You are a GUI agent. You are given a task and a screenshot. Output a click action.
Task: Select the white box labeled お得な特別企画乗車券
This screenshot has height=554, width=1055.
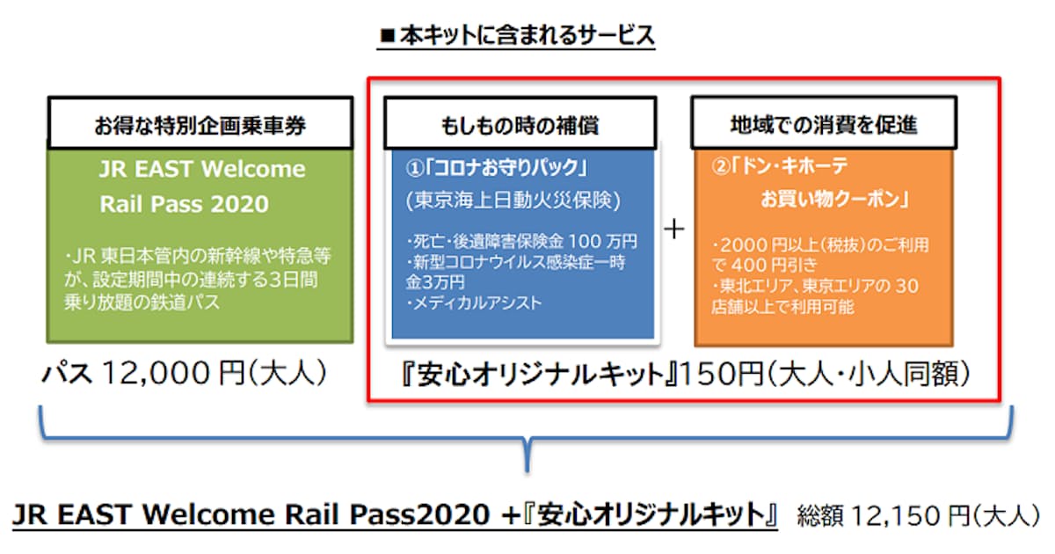tap(200, 125)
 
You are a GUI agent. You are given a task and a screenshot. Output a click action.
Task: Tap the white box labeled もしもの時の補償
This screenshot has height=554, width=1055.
tap(519, 125)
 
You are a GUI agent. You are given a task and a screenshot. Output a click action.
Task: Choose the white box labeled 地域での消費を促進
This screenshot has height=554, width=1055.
tap(823, 125)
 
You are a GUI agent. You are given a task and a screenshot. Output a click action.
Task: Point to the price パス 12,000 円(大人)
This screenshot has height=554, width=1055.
tap(186, 375)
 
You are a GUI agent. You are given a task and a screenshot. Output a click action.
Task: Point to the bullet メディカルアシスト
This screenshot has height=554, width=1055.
tap(475, 303)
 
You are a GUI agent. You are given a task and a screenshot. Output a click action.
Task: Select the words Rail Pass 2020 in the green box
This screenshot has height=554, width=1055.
tap(183, 204)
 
